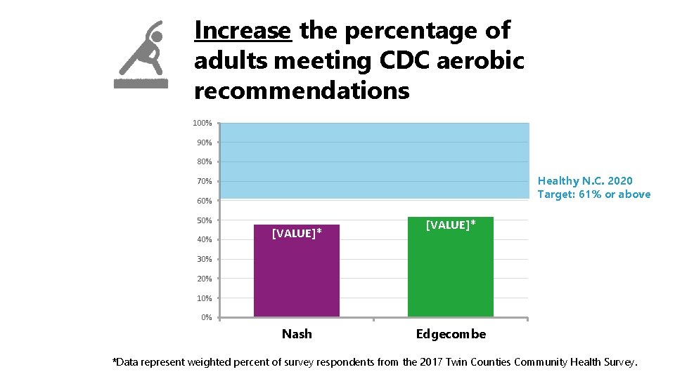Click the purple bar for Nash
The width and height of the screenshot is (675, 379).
pyautogui.click(x=296, y=274)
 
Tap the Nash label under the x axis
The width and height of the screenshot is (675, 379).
pyautogui.click(x=296, y=334)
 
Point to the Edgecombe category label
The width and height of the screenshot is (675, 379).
pyautogui.click(x=450, y=334)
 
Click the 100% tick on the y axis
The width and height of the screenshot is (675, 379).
pyautogui.click(x=202, y=123)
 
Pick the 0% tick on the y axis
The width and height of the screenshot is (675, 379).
pyautogui.click(x=206, y=318)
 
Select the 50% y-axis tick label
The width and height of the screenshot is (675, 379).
pyautogui.click(x=204, y=220)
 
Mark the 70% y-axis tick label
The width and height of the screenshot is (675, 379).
pyautogui.click(x=204, y=182)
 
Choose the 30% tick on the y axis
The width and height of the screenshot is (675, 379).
pyautogui.click(x=204, y=260)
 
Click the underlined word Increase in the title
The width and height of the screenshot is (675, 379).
pyautogui.click(x=243, y=31)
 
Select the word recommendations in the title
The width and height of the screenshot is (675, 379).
pyautogui.click(x=302, y=91)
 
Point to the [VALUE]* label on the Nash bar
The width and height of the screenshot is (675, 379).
pyautogui.click(x=296, y=233)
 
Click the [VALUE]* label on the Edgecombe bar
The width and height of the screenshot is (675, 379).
pyautogui.click(x=450, y=225)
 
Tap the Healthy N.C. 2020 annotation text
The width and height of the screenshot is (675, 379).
pyautogui.click(x=585, y=181)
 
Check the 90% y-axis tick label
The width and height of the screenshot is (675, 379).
pyautogui.click(x=204, y=142)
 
